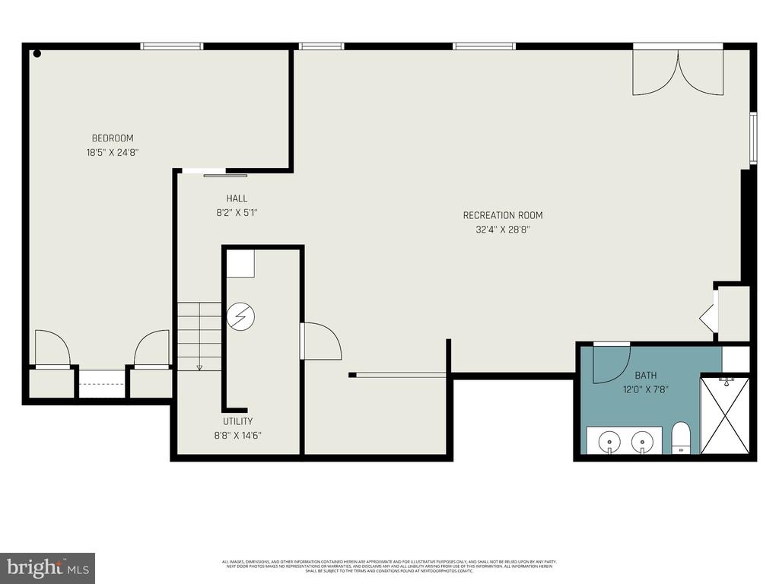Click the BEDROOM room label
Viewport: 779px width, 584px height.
click(x=113, y=138)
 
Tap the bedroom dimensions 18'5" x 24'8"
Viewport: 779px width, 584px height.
click(x=113, y=152)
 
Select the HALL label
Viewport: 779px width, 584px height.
click(x=237, y=198)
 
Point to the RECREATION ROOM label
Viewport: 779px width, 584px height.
click(x=503, y=215)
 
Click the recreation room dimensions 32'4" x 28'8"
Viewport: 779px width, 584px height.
click(x=503, y=230)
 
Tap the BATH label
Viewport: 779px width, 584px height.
click(x=646, y=375)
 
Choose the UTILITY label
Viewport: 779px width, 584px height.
click(x=238, y=421)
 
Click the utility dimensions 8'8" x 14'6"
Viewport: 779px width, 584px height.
click(x=238, y=436)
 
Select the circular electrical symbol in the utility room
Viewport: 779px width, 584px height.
click(x=240, y=316)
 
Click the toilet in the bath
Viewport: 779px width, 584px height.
click(x=681, y=438)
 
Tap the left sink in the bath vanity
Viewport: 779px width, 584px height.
click(x=609, y=441)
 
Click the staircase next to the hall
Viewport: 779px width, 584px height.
click(x=199, y=335)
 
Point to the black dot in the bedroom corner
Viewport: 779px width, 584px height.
click(x=37, y=53)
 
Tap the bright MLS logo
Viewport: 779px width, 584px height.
click(x=47, y=567)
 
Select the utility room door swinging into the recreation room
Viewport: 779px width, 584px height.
click(x=320, y=341)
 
